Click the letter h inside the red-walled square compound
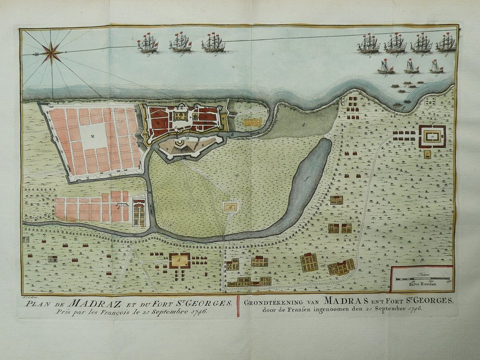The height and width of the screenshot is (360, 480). pos(180,260)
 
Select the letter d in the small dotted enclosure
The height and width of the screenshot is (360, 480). pos(230,206)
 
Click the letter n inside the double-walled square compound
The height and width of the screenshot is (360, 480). pos(432,136)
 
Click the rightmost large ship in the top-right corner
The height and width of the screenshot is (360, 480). pos(446,43)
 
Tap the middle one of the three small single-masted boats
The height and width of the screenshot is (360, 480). pos(411,67)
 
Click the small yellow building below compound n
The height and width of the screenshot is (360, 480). pos(427,154)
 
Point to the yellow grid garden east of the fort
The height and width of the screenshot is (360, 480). pos(252,122)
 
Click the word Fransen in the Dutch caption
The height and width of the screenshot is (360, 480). pos(302,309)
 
